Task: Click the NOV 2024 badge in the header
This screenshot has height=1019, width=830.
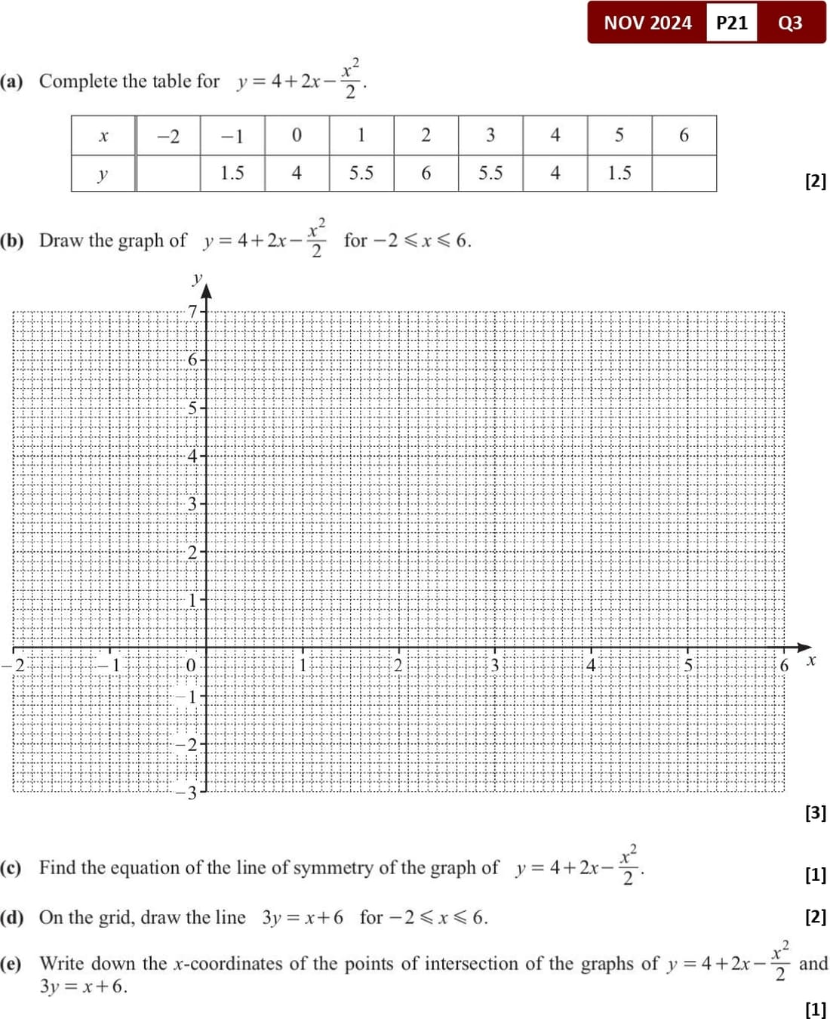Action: [647, 23]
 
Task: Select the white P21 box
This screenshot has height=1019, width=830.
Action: [731, 23]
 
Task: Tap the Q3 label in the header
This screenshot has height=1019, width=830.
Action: [790, 23]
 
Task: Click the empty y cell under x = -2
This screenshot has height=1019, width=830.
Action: [168, 174]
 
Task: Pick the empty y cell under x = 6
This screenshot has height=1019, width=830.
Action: [684, 174]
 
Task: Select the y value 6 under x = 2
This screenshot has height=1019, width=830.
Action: [426, 174]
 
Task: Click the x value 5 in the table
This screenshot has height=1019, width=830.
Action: [619, 135]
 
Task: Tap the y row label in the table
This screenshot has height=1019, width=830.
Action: [103, 174]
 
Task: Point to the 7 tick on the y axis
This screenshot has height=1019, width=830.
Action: [193, 311]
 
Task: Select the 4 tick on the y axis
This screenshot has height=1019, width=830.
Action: [192, 456]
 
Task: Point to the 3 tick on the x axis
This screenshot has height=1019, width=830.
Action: [495, 665]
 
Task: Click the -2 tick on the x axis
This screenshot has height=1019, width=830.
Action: [17, 665]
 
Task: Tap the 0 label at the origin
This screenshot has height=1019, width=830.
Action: [190, 665]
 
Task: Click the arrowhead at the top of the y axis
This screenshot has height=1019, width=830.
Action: [206, 290]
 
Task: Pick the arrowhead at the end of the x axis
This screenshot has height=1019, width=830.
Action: [805, 648]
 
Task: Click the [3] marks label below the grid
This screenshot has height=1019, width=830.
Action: [816, 813]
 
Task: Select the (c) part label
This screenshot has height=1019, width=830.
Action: [11, 868]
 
